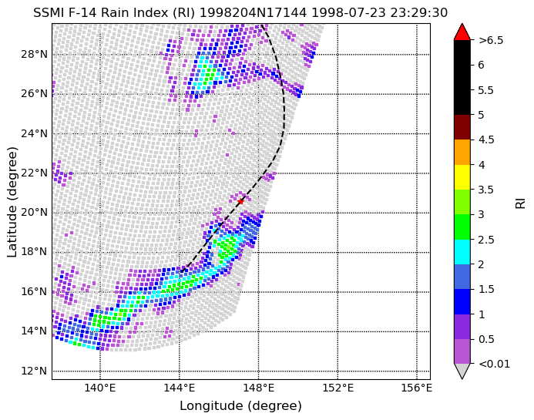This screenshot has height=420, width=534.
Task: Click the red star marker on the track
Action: tap(240, 201)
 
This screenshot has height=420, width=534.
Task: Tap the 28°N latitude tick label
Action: tap(34, 54)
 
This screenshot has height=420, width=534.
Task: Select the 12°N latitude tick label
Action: tap(34, 371)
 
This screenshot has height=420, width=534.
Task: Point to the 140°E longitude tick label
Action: tap(100, 388)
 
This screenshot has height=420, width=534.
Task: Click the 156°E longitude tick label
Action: tap(417, 388)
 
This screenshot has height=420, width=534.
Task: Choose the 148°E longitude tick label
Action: tap(258, 388)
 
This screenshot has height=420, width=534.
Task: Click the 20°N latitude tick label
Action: tap(34, 213)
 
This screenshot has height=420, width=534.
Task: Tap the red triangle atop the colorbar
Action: tap(462, 32)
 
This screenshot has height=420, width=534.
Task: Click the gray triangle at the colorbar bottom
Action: tap(462, 371)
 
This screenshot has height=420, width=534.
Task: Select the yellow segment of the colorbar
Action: tap(462, 177)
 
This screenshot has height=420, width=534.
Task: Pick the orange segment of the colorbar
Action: tap(462, 153)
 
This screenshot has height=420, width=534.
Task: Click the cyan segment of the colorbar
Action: tap(462, 252)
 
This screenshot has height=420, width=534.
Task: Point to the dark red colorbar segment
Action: tap(462, 127)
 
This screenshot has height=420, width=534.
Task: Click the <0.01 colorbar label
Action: tap(494, 364)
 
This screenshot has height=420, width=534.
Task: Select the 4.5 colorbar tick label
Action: tap(486, 139)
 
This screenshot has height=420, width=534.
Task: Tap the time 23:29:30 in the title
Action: tap(418, 13)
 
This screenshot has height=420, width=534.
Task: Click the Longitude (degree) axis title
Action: tap(240, 405)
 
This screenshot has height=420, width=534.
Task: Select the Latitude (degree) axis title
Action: tap(12, 202)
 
